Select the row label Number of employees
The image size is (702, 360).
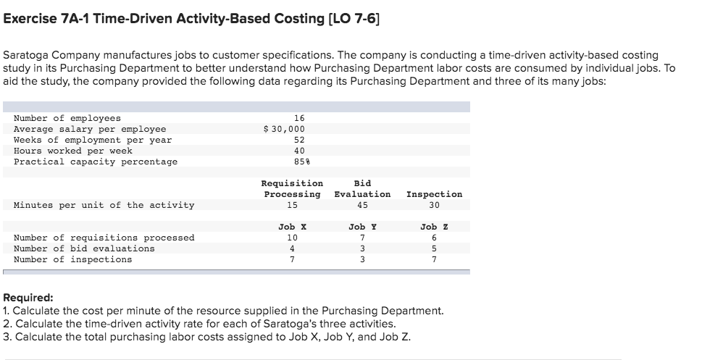click(67, 118)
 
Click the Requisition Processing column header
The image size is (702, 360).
click(292, 189)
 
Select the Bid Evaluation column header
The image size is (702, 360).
click(362, 189)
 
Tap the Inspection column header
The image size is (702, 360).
click(434, 194)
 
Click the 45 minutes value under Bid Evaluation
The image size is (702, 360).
click(363, 205)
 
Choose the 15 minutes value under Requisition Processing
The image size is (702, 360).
click(292, 205)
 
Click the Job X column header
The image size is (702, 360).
click(292, 227)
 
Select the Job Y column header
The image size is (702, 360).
click(362, 227)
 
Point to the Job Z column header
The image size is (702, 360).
click(434, 227)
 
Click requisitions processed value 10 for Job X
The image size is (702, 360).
click(292, 238)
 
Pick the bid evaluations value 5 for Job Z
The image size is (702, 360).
click(434, 248)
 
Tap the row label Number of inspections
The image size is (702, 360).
click(73, 259)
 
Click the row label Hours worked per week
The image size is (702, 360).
click(73, 151)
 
